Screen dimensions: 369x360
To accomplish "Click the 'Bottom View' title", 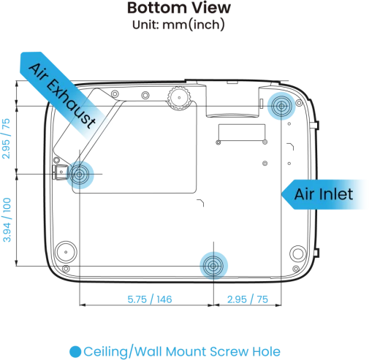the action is [179, 8].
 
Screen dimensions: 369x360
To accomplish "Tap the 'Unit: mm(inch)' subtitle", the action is [178, 25].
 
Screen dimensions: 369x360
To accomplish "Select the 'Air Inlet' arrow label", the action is [324, 194].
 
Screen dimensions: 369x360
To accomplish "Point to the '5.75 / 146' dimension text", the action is [150, 299].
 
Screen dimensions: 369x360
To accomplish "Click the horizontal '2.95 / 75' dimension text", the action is [248, 299].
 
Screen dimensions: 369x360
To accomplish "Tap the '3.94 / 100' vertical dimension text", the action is [7, 220].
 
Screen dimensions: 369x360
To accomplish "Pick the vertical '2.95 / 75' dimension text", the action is [6, 139].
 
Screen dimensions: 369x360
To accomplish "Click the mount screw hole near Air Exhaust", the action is [80, 175].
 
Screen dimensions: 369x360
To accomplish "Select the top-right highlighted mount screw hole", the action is [281, 106].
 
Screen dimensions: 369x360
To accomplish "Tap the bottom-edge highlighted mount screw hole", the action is [213, 266].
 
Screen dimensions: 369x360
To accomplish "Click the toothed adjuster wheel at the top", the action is [179, 98].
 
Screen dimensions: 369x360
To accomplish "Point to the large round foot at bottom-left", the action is [66, 252].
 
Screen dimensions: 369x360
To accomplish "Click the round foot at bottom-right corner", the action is [298, 253].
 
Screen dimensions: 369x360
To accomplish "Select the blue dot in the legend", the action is [75, 351].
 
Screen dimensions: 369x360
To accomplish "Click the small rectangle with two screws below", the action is [242, 132].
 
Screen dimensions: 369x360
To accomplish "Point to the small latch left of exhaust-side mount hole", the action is [61, 172].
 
